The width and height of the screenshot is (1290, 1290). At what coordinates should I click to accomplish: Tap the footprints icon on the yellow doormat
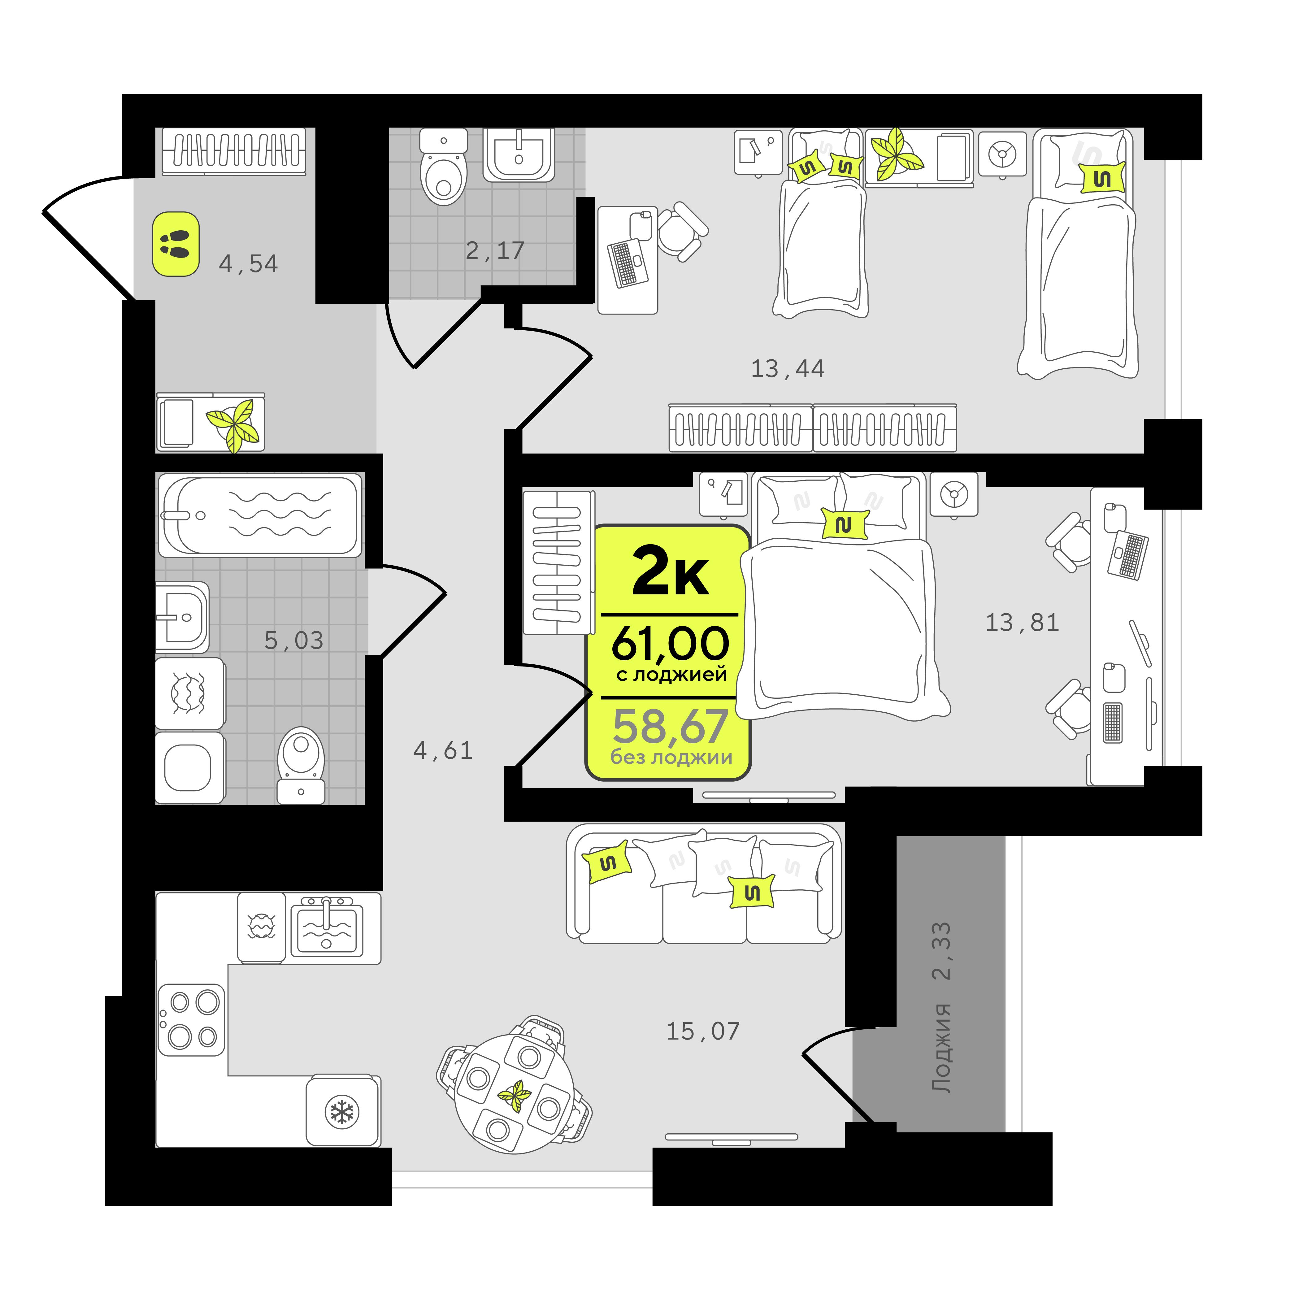pyautogui.click(x=176, y=244)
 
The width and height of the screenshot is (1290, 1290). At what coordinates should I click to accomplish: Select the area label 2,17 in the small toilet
pyautogui.click(x=495, y=251)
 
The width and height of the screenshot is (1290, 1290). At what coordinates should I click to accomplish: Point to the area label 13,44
pyautogui.click(x=788, y=369)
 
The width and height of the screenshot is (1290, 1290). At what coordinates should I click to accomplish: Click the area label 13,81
pyautogui.click(x=1022, y=623)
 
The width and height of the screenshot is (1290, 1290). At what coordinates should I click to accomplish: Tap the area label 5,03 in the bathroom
pyautogui.click(x=294, y=641)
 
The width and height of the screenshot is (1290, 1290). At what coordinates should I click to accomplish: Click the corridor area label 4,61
pyautogui.click(x=443, y=751)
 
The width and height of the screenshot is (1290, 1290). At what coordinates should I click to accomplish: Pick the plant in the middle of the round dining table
pyautogui.click(x=515, y=1097)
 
